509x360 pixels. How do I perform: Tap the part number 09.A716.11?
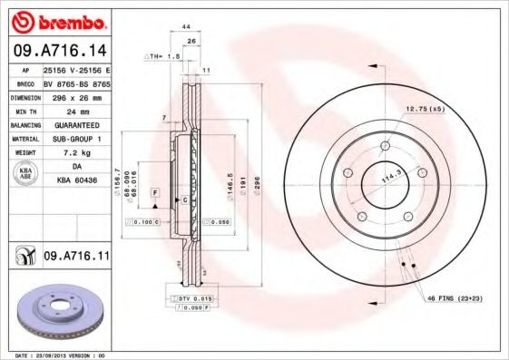(x=76, y=258)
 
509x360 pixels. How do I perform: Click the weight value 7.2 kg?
(x=77, y=154)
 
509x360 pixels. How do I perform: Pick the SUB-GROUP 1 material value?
(x=77, y=140)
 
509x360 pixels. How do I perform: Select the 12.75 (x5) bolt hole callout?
(x=424, y=109)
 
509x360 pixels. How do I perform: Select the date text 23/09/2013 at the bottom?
(x=61, y=355)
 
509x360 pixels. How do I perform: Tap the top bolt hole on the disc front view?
(x=386, y=145)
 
